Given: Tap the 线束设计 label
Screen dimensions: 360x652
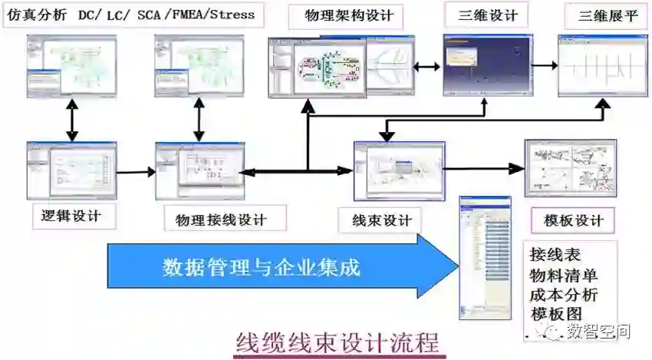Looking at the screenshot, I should click(381, 220).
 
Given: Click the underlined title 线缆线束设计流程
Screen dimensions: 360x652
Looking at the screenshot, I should click(338, 341).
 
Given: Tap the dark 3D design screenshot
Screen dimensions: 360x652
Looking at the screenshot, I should click(488, 64).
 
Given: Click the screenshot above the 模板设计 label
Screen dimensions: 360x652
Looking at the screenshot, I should click(570, 168).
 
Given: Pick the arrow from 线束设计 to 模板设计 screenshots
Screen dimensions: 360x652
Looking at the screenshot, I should click(485, 167).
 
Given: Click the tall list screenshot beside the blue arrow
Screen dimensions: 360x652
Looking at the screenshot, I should click(484, 257).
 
